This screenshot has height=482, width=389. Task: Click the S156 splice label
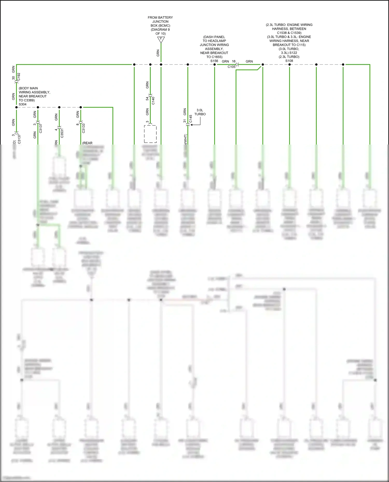(214, 61)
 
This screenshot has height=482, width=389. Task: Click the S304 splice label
(23, 104)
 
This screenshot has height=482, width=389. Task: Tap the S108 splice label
(289, 61)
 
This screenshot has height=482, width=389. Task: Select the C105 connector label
(232, 67)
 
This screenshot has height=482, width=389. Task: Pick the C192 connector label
(19, 77)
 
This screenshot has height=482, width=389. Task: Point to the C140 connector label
(153, 100)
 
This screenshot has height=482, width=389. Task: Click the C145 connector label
(191, 119)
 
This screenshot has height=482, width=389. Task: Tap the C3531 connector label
(62, 133)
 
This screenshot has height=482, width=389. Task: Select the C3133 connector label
(84, 128)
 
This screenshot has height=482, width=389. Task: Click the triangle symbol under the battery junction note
(161, 40)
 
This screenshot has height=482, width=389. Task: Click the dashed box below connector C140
(150, 134)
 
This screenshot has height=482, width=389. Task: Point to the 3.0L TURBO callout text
(200, 112)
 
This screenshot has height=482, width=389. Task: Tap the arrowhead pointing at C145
(192, 125)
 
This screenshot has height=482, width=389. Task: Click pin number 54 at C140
(147, 99)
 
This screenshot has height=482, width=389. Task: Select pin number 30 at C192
(13, 78)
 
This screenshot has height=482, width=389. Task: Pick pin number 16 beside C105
(234, 61)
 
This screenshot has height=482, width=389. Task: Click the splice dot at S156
(214, 64)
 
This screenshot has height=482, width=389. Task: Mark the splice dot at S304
(16, 107)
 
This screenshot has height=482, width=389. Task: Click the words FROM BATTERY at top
(160, 18)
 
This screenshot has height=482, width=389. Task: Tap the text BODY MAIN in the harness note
(28, 88)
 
